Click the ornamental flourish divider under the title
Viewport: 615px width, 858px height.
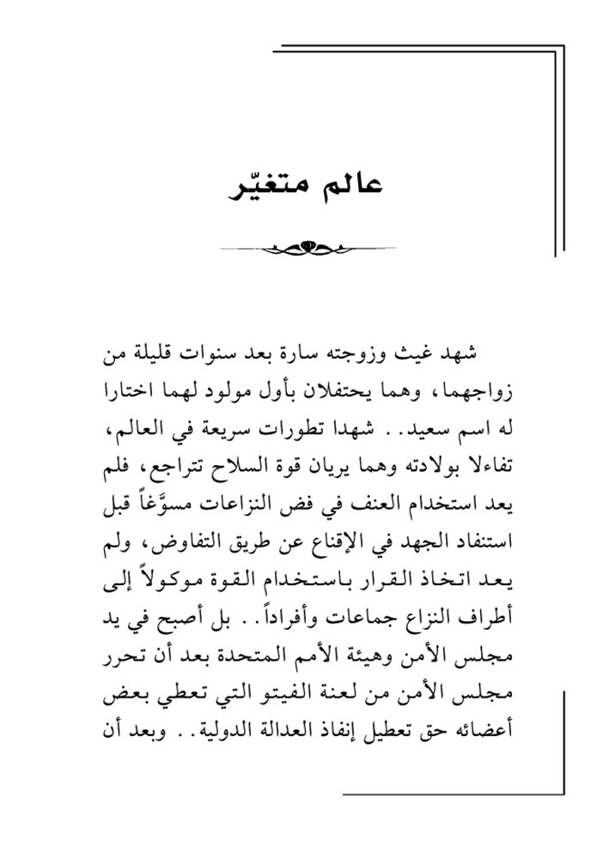pos(307,249)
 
